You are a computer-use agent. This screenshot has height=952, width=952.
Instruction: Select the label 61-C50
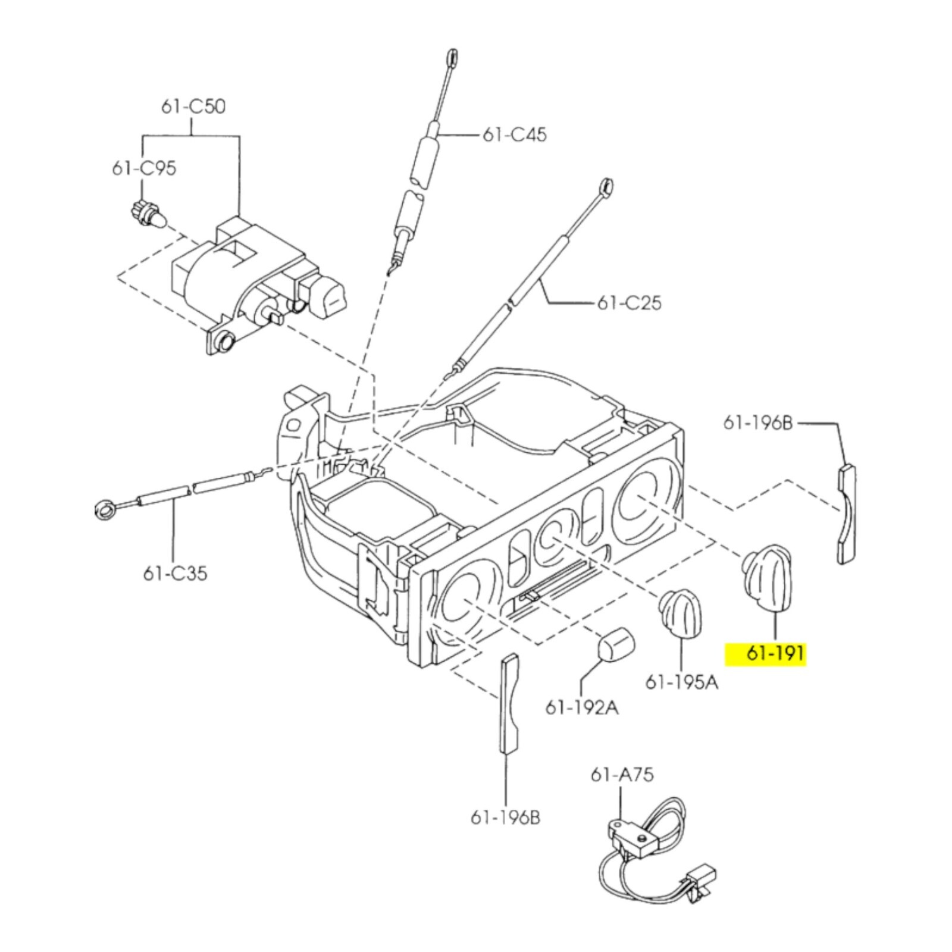193,107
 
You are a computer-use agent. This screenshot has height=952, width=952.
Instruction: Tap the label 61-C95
144,168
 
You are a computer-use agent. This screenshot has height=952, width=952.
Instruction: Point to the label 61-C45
514,134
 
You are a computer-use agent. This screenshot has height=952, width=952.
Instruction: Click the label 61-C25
629,303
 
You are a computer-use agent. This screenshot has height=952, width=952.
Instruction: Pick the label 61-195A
682,681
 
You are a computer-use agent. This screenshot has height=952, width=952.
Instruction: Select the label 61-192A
582,707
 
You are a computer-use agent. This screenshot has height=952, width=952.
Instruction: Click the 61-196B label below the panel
506,818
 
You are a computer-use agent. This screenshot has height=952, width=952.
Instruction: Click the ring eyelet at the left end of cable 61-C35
106,509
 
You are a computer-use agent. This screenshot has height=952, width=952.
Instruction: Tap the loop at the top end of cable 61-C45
452,57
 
